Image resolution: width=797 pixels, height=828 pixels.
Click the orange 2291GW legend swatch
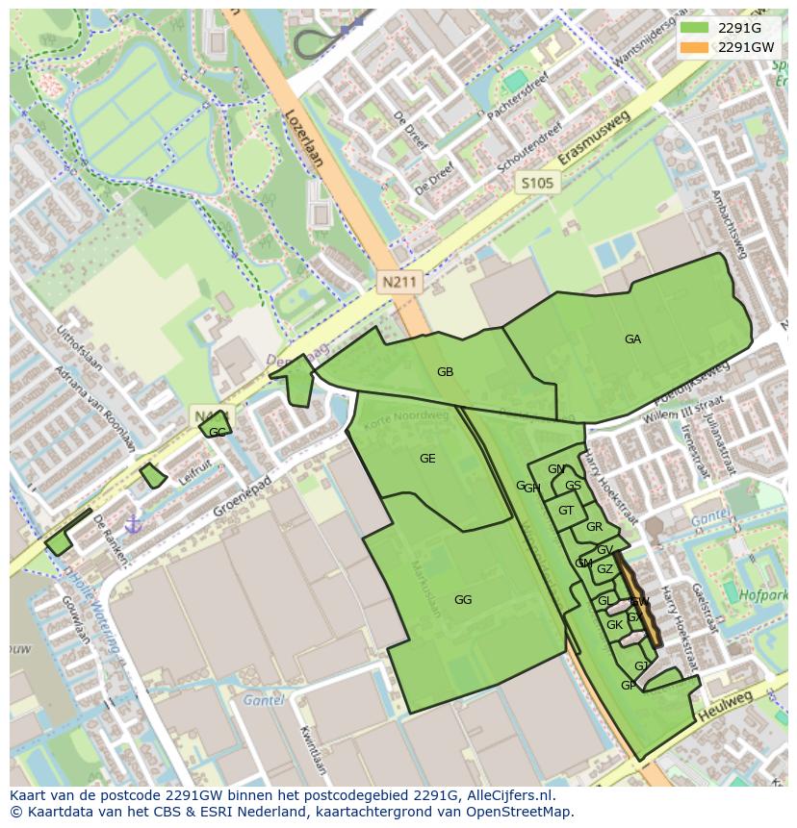tap(693, 46)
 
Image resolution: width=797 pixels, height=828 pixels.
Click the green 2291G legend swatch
tap(693, 27)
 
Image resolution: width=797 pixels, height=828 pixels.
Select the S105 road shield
tap(538, 182)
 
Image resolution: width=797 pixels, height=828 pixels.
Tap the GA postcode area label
tap(632, 339)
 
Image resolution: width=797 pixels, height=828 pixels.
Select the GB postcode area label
tap(445, 372)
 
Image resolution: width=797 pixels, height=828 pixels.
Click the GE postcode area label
tap(427, 459)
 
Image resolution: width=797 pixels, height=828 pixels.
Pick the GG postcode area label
tap(463, 600)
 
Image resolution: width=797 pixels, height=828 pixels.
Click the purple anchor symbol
tap(134, 524)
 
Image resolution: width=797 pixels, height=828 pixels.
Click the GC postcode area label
tap(218, 433)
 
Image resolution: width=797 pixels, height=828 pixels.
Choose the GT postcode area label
tap(566, 511)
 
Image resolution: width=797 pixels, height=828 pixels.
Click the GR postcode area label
tap(594, 527)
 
